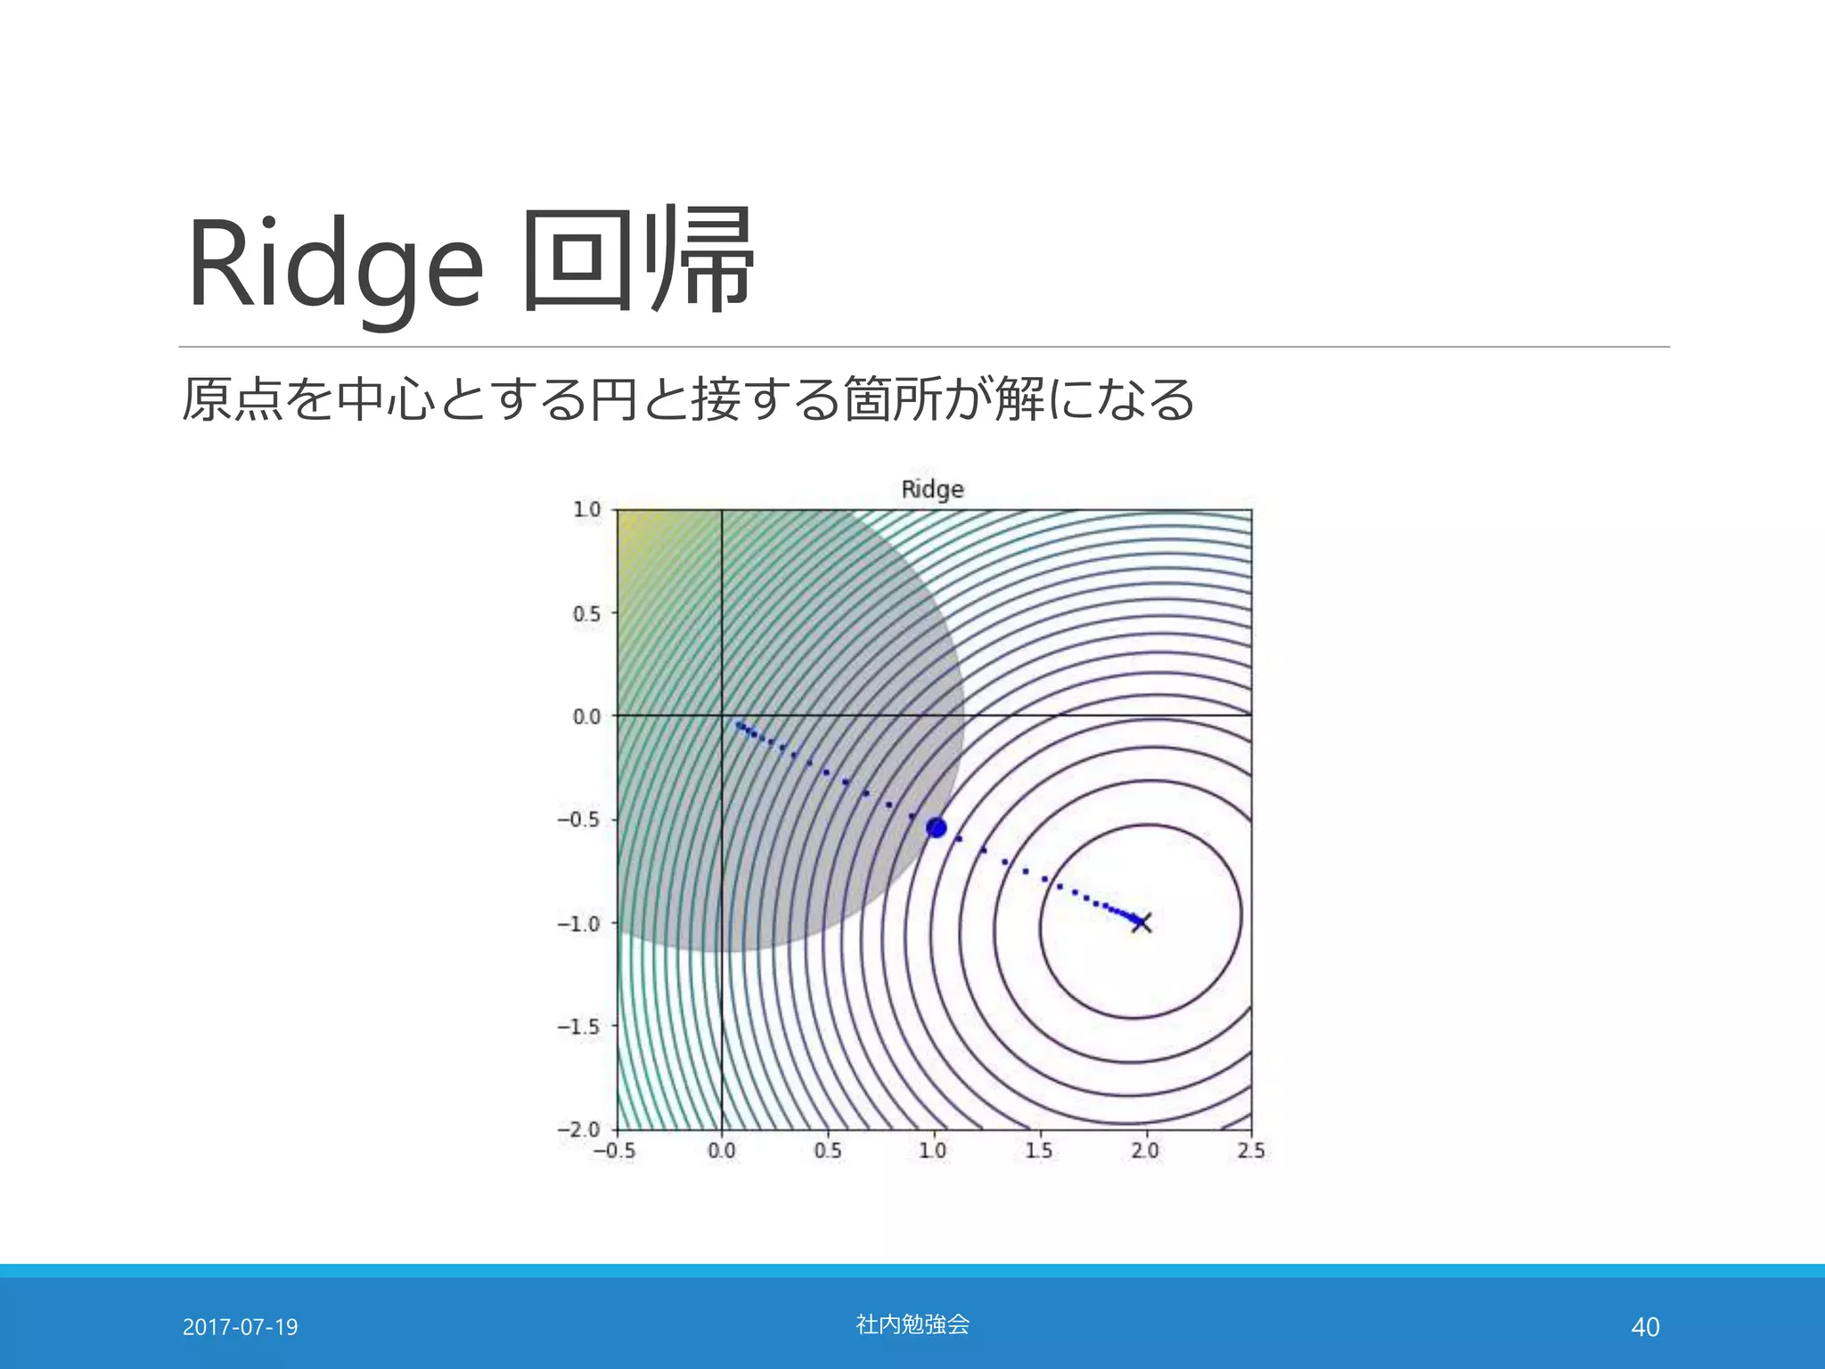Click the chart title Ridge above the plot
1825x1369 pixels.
pyautogui.click(x=932, y=489)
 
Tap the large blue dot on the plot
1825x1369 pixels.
pyautogui.click(x=936, y=828)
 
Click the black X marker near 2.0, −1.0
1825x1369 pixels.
pyautogui.click(x=1142, y=922)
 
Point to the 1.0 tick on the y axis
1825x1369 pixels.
pyautogui.click(x=586, y=510)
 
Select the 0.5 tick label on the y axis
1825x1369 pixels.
pyautogui.click(x=586, y=614)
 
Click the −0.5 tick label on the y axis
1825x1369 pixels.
pyautogui.click(x=579, y=820)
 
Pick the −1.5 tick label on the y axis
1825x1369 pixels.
pyautogui.click(x=579, y=1027)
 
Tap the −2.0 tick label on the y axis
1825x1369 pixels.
pyautogui.click(x=579, y=1129)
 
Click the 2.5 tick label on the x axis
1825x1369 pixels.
pyautogui.click(x=1250, y=1151)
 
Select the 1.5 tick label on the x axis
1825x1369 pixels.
pyautogui.click(x=1038, y=1151)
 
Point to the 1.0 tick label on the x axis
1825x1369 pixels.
pyautogui.click(x=932, y=1151)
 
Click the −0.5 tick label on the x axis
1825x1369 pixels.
pyautogui.click(x=614, y=1151)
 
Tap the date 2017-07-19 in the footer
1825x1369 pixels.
pyautogui.click(x=240, y=1327)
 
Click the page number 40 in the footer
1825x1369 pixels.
pyautogui.click(x=1644, y=1327)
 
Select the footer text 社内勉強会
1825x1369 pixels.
pyautogui.click(x=912, y=1324)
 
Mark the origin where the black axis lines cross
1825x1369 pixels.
pyautogui.click(x=721, y=715)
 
